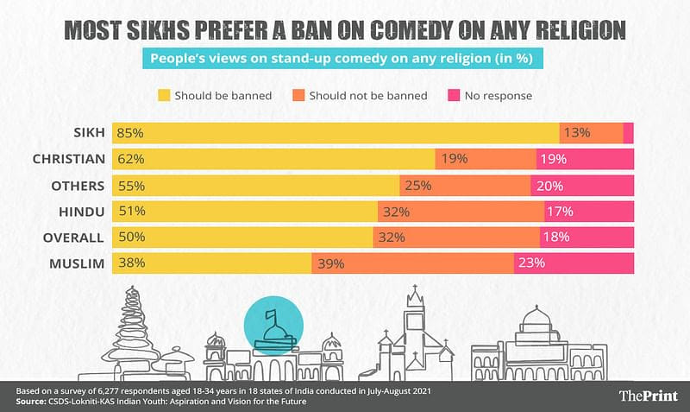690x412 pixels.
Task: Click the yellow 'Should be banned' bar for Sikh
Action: pos(345,133)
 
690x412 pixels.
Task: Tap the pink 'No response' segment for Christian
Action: pos(585,159)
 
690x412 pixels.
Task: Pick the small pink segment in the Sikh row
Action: pos(628,133)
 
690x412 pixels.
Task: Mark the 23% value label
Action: pos(531,263)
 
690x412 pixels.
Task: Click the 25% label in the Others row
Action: pos(419,185)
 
